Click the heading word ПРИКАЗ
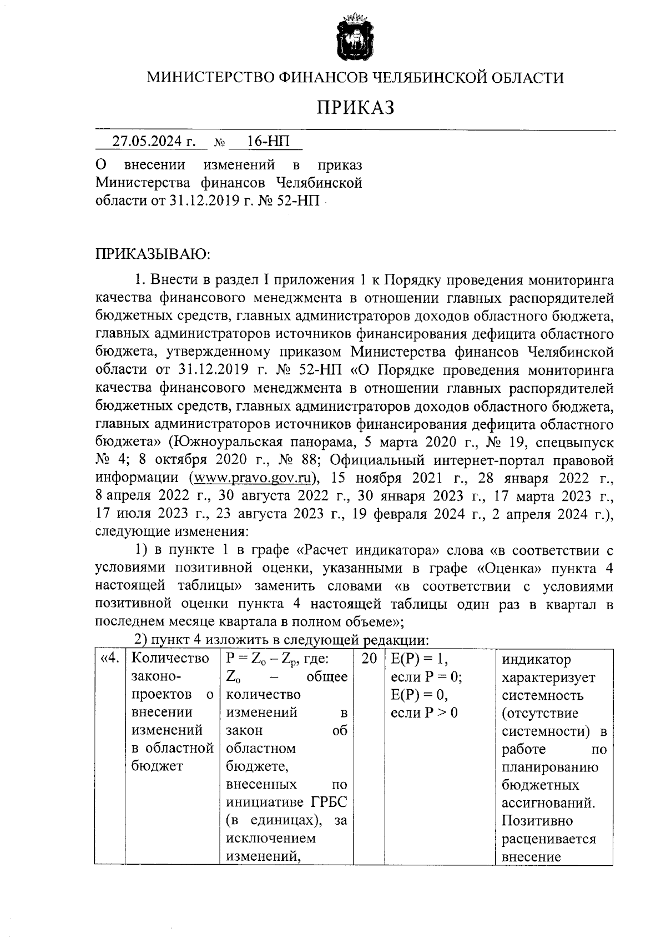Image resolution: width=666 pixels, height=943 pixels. (x=355, y=107)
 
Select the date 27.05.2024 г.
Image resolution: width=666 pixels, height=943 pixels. (x=154, y=142)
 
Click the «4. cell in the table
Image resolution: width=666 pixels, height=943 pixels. (x=109, y=659)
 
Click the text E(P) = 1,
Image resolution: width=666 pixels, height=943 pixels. (x=419, y=659)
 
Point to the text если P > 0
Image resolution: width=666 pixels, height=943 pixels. (x=425, y=713)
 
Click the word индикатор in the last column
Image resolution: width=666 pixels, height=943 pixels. (x=536, y=660)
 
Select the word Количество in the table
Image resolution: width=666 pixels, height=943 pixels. (x=171, y=659)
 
